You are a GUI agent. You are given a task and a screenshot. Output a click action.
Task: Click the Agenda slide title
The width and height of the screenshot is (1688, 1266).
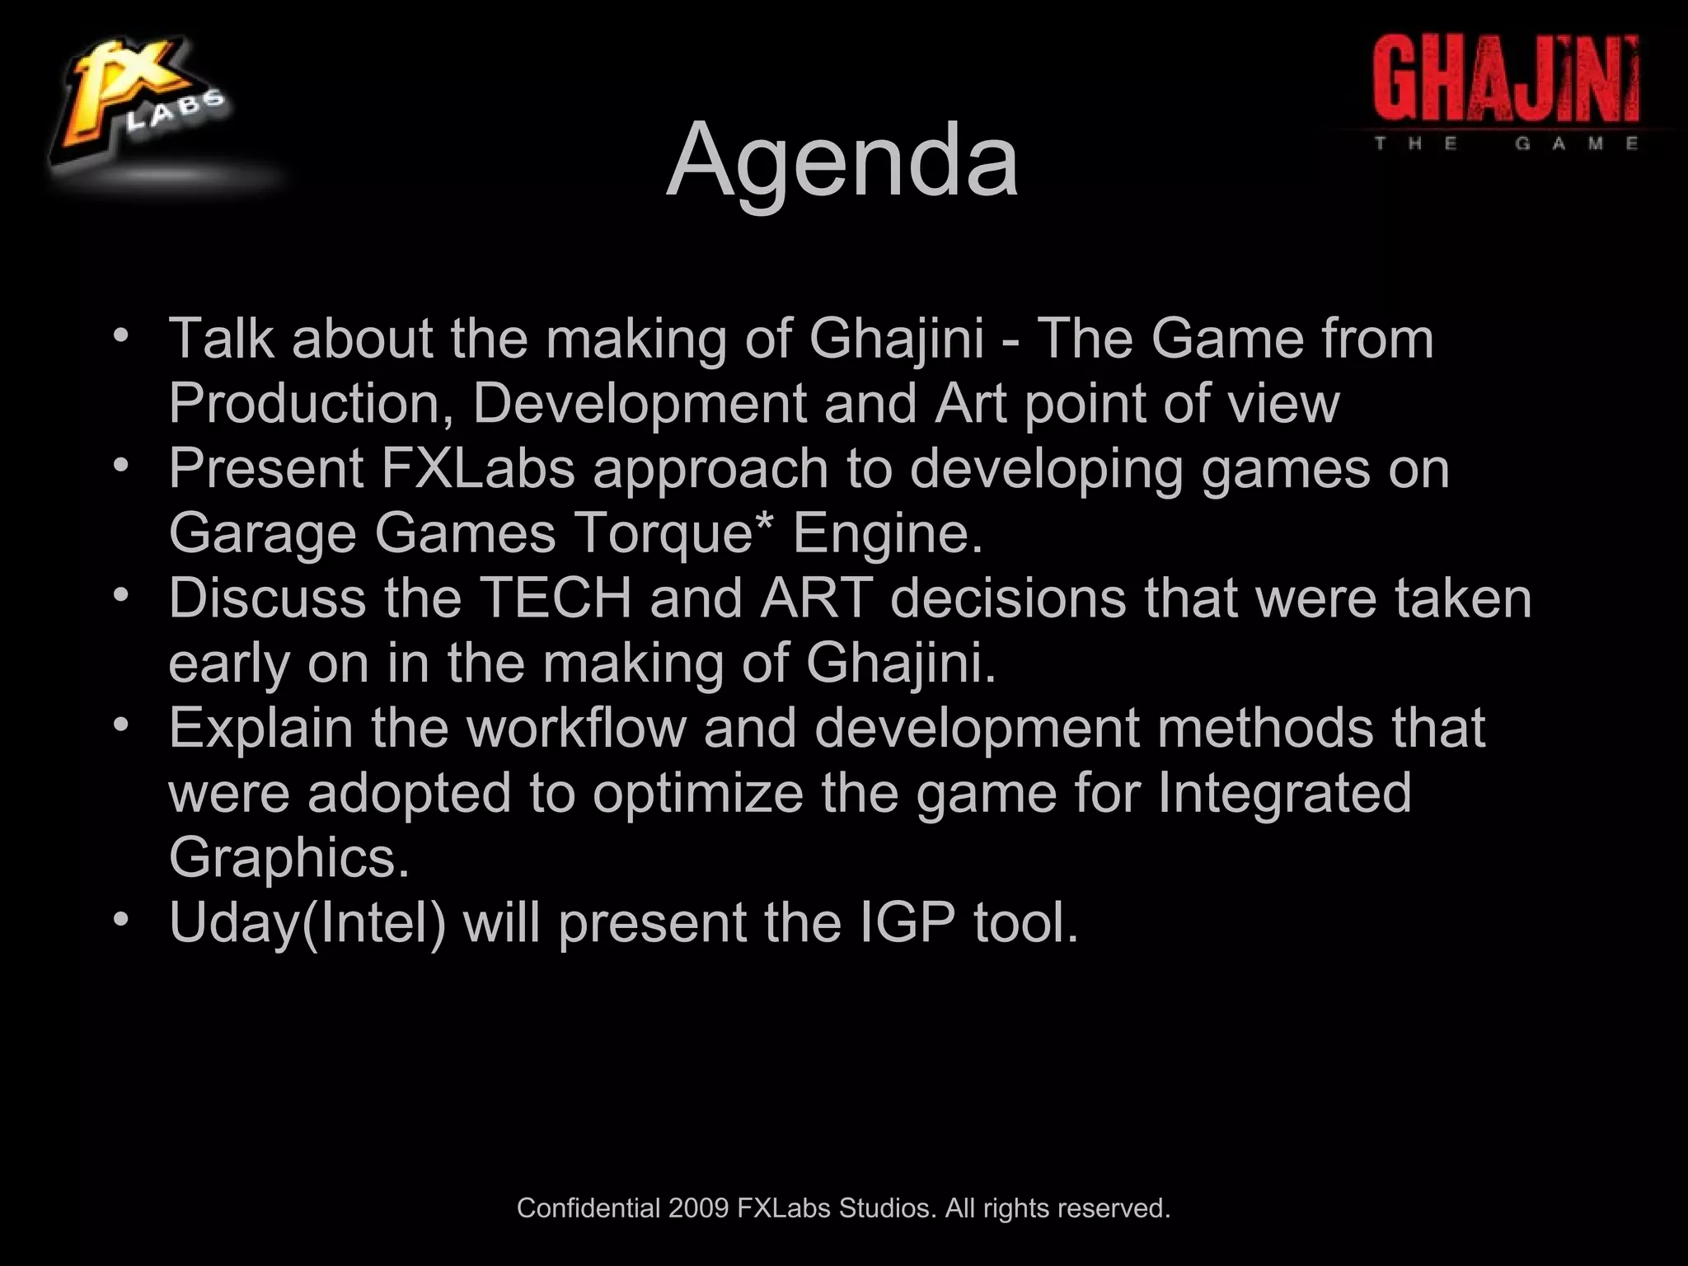[842, 160]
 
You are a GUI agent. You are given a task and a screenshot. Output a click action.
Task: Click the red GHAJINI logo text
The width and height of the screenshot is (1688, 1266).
[1506, 81]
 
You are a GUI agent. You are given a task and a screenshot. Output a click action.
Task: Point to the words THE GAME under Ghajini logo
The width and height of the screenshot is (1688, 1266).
[1506, 143]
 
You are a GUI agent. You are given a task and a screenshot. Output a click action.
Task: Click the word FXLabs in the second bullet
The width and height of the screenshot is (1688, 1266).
[478, 468]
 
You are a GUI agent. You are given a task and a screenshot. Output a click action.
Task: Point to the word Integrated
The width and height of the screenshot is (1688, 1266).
[1284, 793]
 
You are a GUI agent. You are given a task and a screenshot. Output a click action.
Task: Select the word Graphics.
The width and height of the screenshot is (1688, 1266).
[288, 857]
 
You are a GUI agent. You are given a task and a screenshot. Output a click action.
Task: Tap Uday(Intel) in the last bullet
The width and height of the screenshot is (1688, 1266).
[307, 922]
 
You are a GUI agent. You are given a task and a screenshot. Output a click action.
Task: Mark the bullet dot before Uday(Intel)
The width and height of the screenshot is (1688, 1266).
[121, 918]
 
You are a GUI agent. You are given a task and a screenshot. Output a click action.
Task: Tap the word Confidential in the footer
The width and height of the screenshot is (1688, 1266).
[588, 1208]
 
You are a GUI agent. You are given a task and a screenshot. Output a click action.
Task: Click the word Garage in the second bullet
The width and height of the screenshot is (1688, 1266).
[262, 533]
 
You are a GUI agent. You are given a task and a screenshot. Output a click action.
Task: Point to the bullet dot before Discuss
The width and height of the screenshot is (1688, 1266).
[121, 594]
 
